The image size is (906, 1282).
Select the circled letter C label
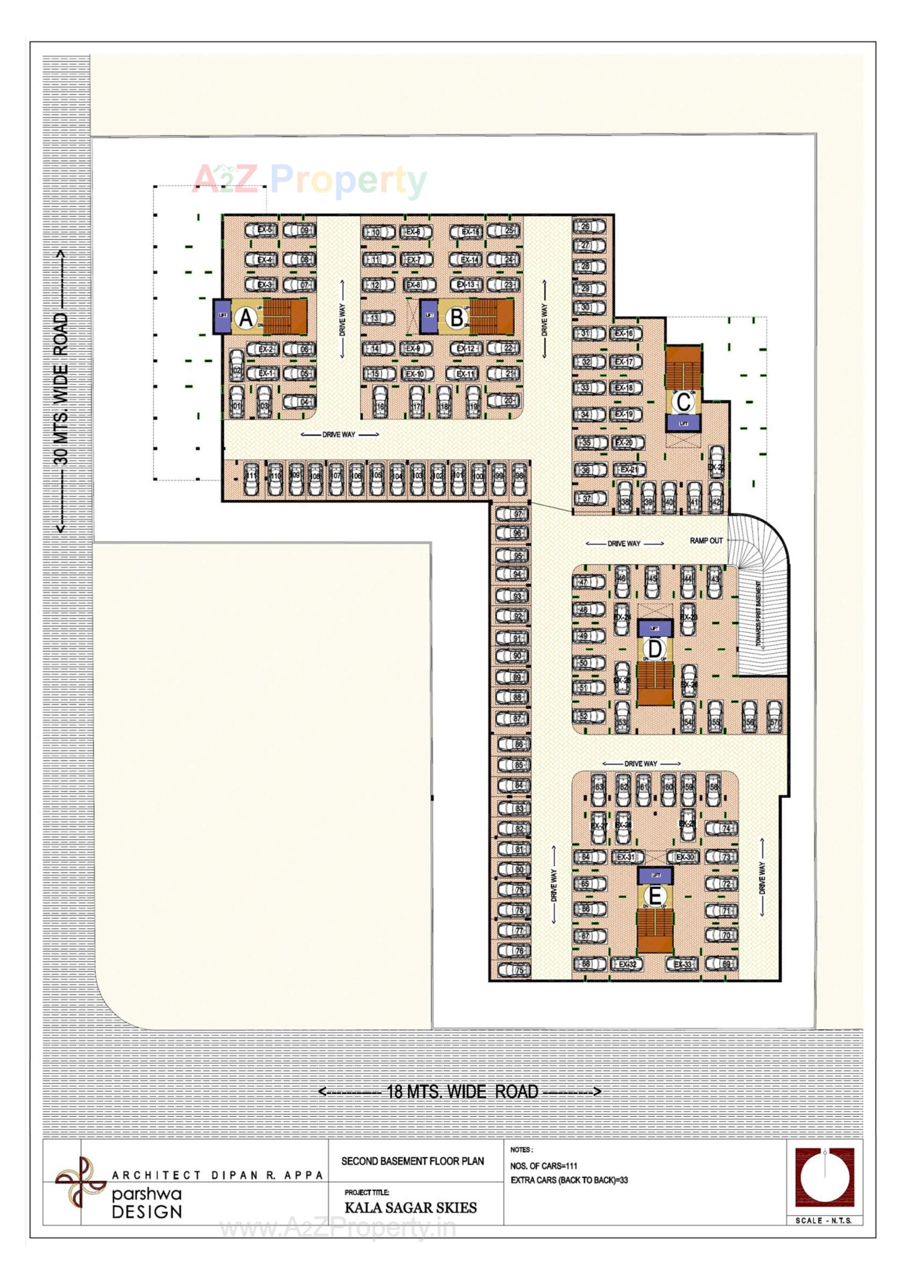[683, 401]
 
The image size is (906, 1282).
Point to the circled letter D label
[654, 649]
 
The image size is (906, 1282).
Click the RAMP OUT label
[706, 541]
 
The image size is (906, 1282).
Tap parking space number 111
[252, 477]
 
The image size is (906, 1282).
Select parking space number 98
[520, 477]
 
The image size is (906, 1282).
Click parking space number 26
[588, 227]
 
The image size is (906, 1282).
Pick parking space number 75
[514, 970]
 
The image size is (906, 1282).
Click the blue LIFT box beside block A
[222, 316]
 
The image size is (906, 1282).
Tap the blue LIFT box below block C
[683, 423]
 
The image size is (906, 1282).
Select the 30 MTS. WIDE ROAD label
[61, 389]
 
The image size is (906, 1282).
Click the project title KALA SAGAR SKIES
[411, 1208]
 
